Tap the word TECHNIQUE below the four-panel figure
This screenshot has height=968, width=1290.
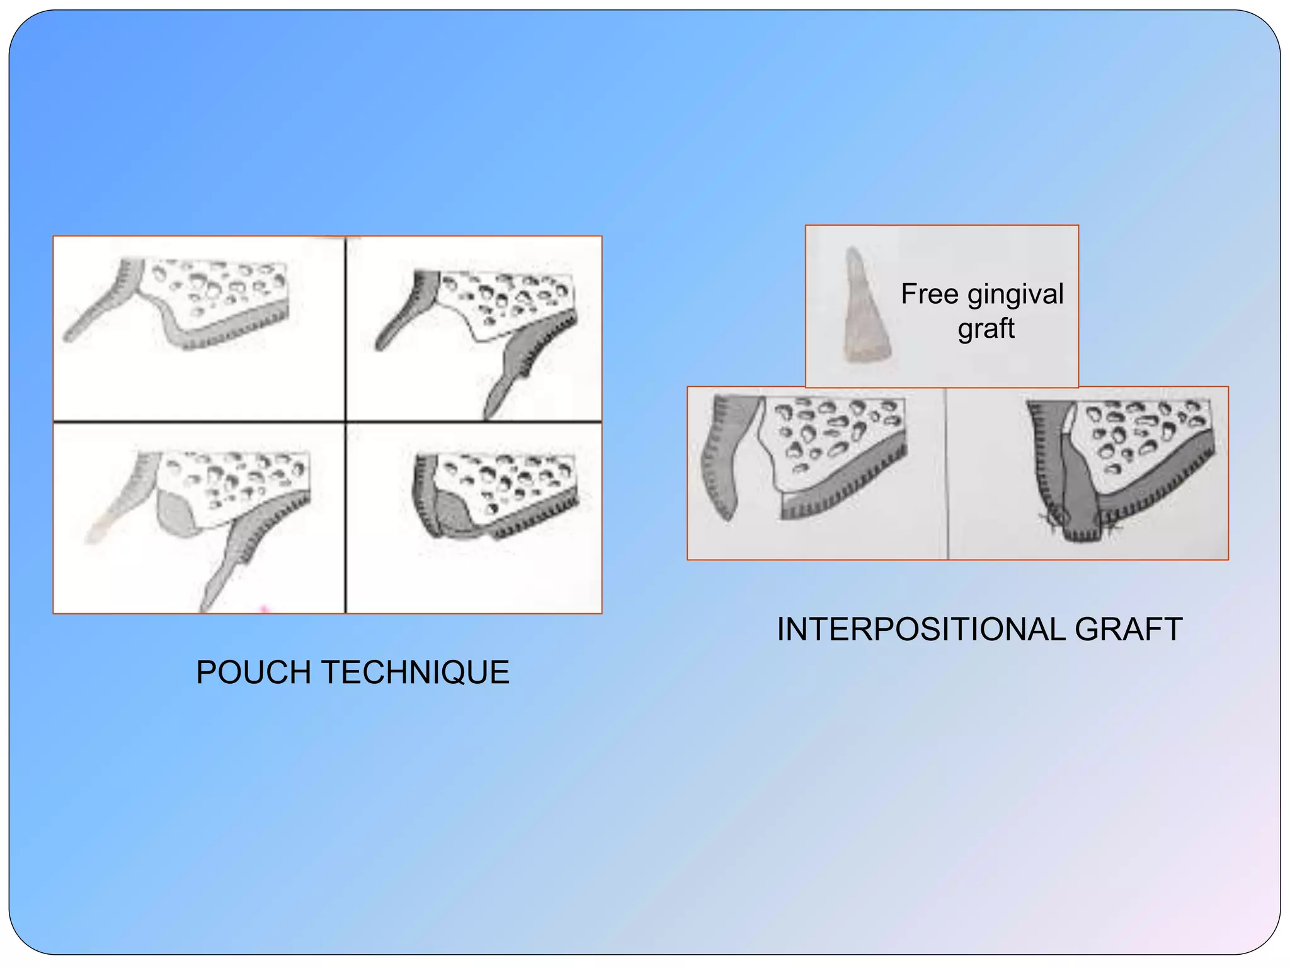click(415, 672)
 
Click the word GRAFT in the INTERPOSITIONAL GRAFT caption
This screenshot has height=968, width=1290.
click(1128, 630)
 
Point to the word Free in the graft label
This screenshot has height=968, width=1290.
click(929, 294)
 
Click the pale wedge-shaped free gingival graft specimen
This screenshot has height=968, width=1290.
click(864, 309)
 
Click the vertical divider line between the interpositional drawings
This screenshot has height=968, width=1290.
click(947, 473)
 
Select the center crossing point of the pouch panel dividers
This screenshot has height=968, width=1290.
click(346, 422)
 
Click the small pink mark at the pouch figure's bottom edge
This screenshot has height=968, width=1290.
click(265, 609)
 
